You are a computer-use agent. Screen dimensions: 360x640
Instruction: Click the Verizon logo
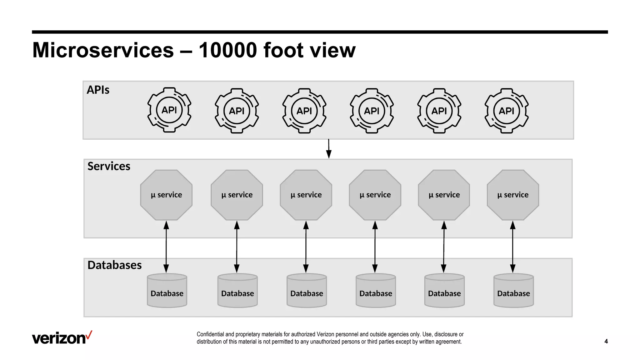62,338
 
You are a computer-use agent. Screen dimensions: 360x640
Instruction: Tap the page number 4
606,341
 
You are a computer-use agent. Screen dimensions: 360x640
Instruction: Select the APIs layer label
98,90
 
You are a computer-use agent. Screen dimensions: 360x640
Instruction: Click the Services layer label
109,166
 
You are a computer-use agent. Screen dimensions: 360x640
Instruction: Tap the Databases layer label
114,265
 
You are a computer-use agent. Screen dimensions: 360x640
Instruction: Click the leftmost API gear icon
169,110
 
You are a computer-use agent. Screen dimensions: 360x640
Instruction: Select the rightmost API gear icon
507,111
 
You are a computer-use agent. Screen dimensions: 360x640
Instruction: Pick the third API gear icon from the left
304,111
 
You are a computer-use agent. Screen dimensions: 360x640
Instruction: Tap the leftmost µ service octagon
166,195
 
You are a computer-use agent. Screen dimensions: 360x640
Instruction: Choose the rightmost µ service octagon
513,195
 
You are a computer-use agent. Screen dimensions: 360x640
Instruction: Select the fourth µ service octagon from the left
375,195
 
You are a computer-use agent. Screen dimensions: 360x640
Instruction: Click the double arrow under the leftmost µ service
166,247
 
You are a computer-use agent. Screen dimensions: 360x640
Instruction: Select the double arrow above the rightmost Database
513,247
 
